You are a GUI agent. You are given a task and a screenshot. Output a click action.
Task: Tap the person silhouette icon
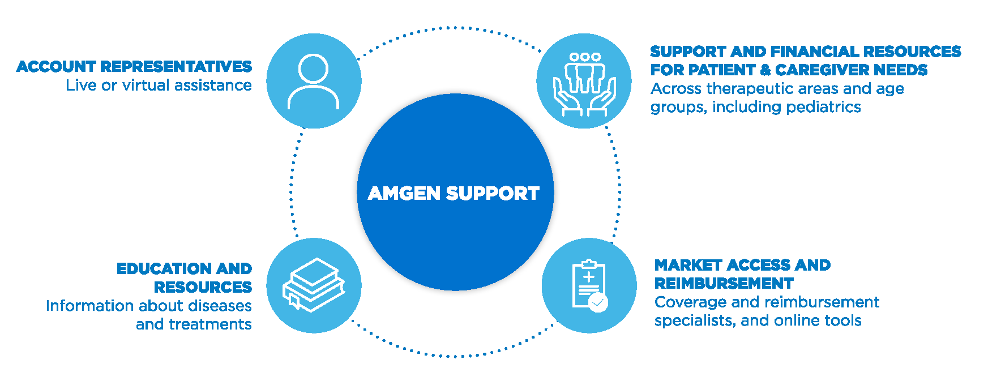pyautogui.click(x=313, y=82)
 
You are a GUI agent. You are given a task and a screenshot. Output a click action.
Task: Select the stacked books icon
pyautogui.click(x=314, y=285)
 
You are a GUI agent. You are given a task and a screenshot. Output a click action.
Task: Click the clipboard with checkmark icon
pyautogui.click(x=589, y=285)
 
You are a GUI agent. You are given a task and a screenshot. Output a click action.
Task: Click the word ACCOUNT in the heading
pyautogui.click(x=56, y=67)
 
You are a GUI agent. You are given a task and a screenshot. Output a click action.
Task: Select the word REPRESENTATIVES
pyautogui.click(x=176, y=67)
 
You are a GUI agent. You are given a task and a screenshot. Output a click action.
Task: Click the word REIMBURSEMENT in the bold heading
pyautogui.click(x=724, y=283)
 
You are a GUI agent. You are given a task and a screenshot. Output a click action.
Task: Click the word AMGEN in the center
pyautogui.click(x=404, y=194)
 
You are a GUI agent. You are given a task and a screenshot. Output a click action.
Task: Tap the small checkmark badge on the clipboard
pyautogui.click(x=598, y=303)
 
